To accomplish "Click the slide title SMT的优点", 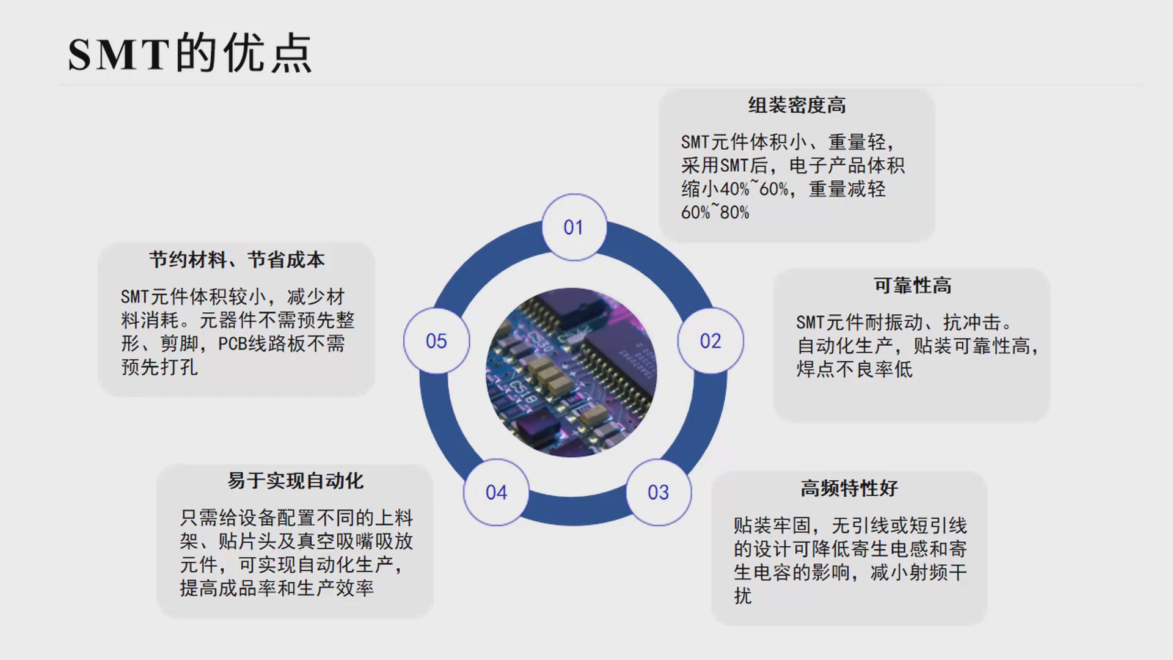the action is [x=190, y=54].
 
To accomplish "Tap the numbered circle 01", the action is [x=574, y=227].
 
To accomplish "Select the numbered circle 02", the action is [x=711, y=341].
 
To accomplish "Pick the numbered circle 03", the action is [x=659, y=493].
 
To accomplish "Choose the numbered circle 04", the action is [x=496, y=493].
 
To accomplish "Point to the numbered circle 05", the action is [x=436, y=341].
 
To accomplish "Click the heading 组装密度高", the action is [x=797, y=106].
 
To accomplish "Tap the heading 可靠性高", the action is [x=912, y=285].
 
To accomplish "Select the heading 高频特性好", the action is [x=849, y=488].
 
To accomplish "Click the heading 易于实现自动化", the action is [x=295, y=481].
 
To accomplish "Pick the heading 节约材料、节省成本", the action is [x=236, y=260].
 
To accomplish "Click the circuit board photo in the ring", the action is [x=571, y=372].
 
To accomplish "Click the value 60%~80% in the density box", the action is [x=715, y=213].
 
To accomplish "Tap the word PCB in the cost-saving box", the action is [x=233, y=344].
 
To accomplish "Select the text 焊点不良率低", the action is [x=854, y=370].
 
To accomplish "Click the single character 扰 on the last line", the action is [x=743, y=596].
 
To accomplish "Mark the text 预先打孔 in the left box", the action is [x=159, y=367].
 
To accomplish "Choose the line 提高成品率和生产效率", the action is [x=277, y=588].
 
